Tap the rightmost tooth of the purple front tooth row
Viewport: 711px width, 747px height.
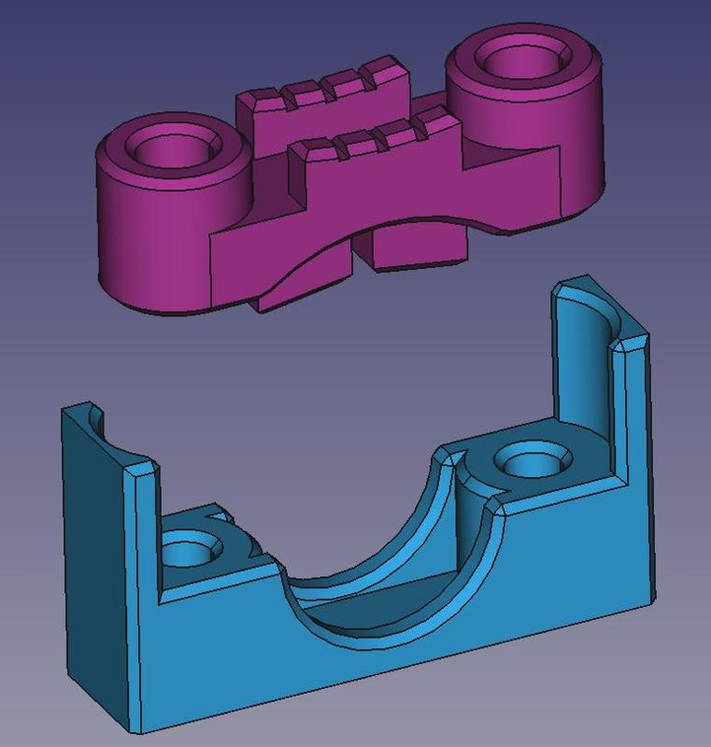click(x=433, y=122)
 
